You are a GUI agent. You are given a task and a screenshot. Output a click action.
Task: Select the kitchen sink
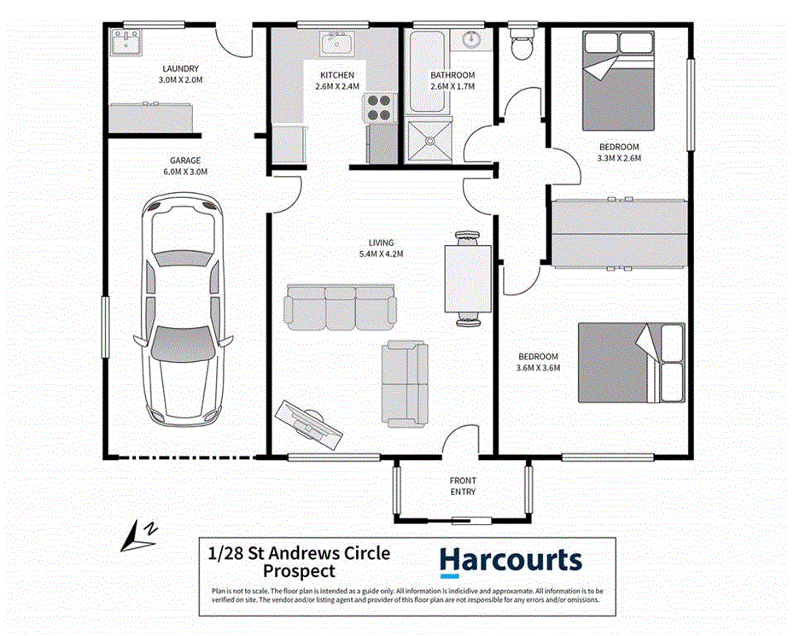337,43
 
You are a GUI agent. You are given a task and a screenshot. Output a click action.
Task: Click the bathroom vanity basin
471,40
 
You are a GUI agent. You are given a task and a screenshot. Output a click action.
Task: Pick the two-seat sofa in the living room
405,383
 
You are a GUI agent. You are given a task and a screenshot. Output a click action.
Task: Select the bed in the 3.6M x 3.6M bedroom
632,362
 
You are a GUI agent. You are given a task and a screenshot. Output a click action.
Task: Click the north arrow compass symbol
138,535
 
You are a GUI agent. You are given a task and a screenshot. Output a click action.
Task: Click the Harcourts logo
511,560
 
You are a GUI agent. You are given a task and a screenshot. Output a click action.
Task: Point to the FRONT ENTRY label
463,487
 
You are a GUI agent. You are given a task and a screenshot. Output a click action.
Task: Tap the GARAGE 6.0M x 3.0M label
184,166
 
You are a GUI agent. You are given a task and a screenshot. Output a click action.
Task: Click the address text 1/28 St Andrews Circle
298,553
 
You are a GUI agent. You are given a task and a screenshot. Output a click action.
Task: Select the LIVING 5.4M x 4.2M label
381,248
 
